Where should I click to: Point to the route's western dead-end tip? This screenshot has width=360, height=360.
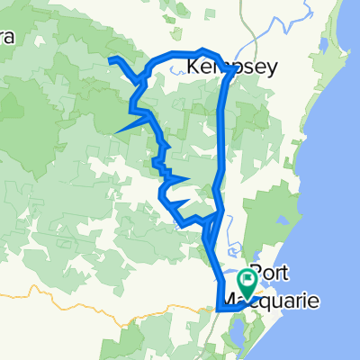click(111, 60)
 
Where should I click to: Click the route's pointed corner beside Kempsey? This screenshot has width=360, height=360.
click(233, 75)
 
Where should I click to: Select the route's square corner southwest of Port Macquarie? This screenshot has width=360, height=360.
click(219, 309)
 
